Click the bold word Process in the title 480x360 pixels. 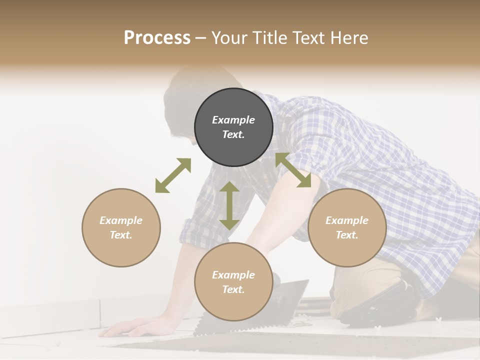click(157, 38)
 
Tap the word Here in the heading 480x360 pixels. click(348, 38)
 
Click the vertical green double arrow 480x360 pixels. click(229, 205)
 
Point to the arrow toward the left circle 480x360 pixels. click(173, 175)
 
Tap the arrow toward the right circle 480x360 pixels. click(293, 170)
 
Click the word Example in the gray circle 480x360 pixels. click(233, 120)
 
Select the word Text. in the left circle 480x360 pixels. click(121, 235)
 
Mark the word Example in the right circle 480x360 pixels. click(347, 220)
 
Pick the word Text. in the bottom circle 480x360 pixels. click(233, 289)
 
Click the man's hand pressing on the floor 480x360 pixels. click(123, 327)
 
